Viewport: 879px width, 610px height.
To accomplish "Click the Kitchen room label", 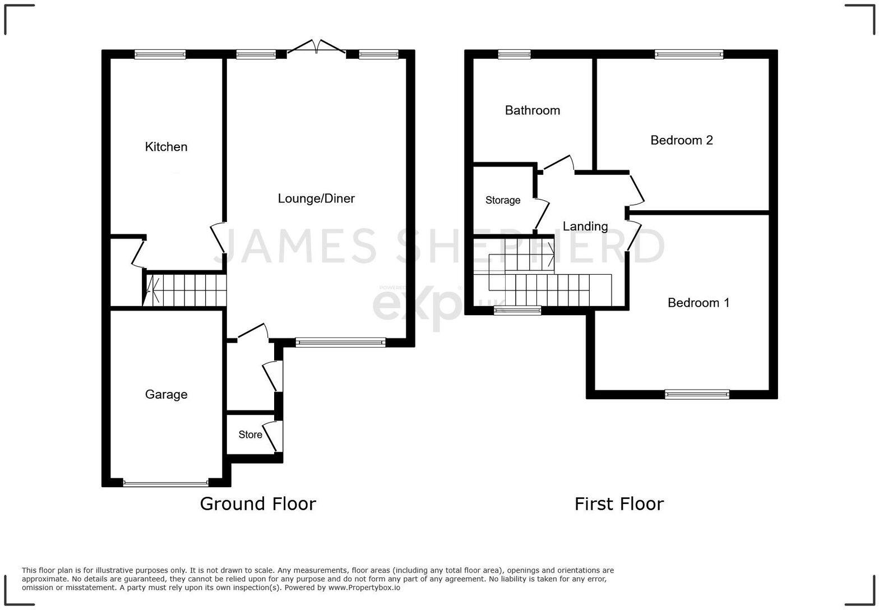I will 166,147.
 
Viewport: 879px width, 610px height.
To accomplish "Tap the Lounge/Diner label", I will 316,198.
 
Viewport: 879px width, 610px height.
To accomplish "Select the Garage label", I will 166,395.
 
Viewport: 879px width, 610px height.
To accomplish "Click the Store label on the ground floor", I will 250,435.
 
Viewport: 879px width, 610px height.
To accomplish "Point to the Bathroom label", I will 532,110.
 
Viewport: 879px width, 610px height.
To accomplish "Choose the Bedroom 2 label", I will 681,140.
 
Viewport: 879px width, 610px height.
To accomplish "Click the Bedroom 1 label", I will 698,303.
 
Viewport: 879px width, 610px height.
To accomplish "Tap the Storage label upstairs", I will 502,201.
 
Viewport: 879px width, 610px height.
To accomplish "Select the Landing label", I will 585,227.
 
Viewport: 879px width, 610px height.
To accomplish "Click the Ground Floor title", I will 258,503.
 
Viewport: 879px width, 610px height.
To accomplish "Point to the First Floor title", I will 618,503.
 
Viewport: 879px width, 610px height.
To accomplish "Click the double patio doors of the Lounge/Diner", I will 317,49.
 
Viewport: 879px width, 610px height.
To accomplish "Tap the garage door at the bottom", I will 165,483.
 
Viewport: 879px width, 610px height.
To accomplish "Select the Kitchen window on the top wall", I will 160,54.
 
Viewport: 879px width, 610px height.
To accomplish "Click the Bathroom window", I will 514,54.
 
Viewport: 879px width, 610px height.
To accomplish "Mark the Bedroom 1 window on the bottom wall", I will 697,394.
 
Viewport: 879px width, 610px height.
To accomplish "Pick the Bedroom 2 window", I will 688,54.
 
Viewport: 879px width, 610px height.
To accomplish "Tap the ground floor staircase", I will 185,290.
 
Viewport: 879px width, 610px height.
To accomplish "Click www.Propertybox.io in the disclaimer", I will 364,588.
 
